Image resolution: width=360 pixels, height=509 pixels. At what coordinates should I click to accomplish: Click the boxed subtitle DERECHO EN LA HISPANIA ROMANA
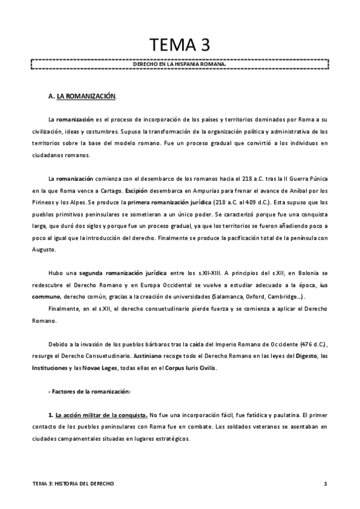pyautogui.click(x=180, y=63)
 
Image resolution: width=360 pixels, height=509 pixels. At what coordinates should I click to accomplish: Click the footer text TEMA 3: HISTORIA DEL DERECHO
pyautogui.click(x=73, y=484)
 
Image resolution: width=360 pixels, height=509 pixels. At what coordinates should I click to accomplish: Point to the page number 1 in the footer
pyautogui.click(x=325, y=484)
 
